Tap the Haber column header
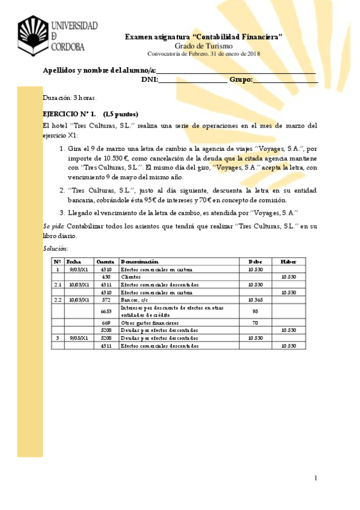pos(289,262)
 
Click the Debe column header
pos(255,262)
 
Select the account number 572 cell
pos(106,299)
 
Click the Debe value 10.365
pos(255,299)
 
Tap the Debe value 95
pos(255,311)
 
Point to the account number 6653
pos(106,311)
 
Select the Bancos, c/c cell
pos(133,299)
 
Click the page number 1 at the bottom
pos(315,478)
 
